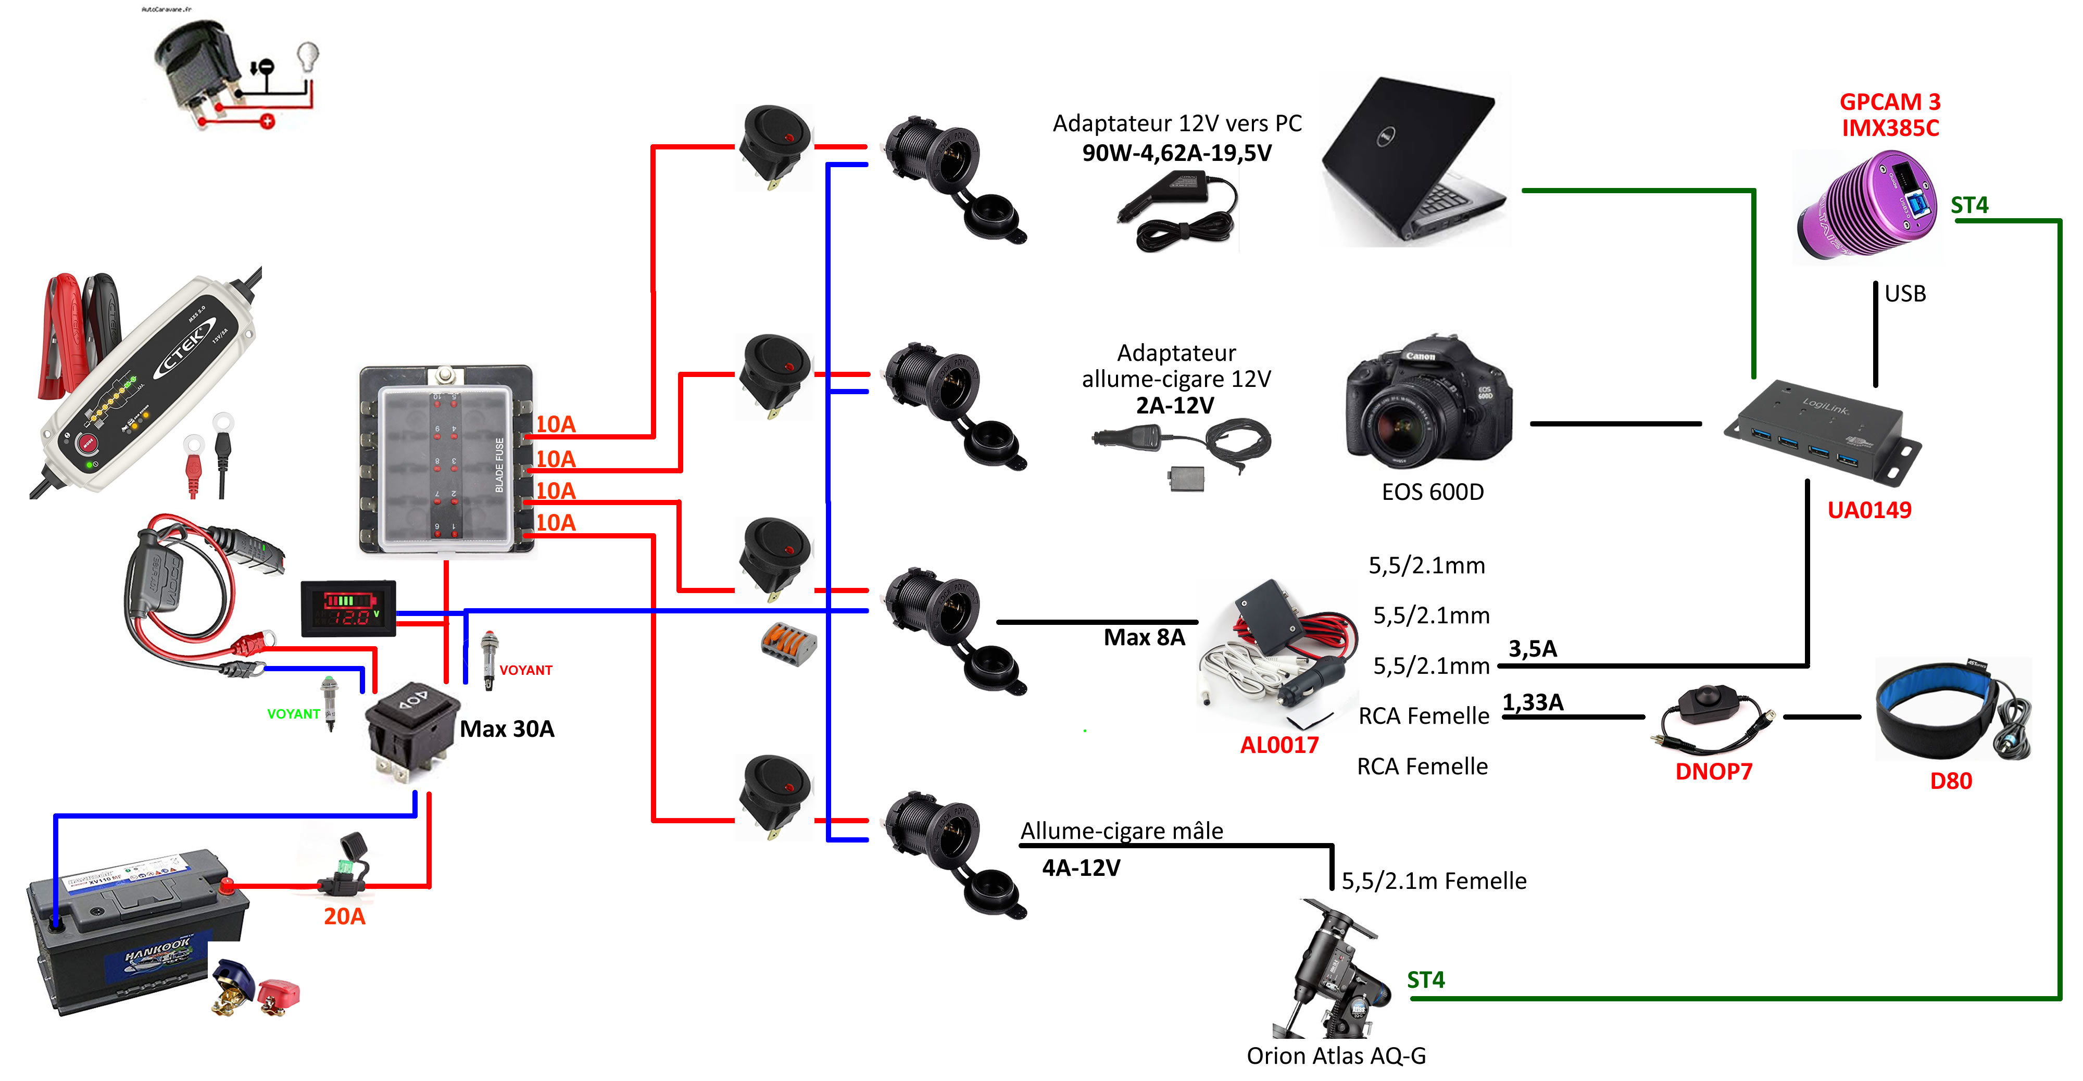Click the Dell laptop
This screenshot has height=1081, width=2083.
(x=1415, y=162)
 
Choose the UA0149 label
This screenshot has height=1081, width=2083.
(x=1869, y=510)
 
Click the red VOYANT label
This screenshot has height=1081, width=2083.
(x=525, y=670)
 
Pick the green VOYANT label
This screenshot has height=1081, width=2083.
(x=294, y=714)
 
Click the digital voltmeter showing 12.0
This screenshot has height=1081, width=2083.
(x=348, y=609)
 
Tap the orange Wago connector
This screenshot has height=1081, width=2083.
(x=788, y=645)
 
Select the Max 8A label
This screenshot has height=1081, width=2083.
(x=1144, y=637)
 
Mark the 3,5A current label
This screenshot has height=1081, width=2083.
(x=1533, y=648)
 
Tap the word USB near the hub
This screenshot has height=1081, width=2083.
(x=1905, y=294)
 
